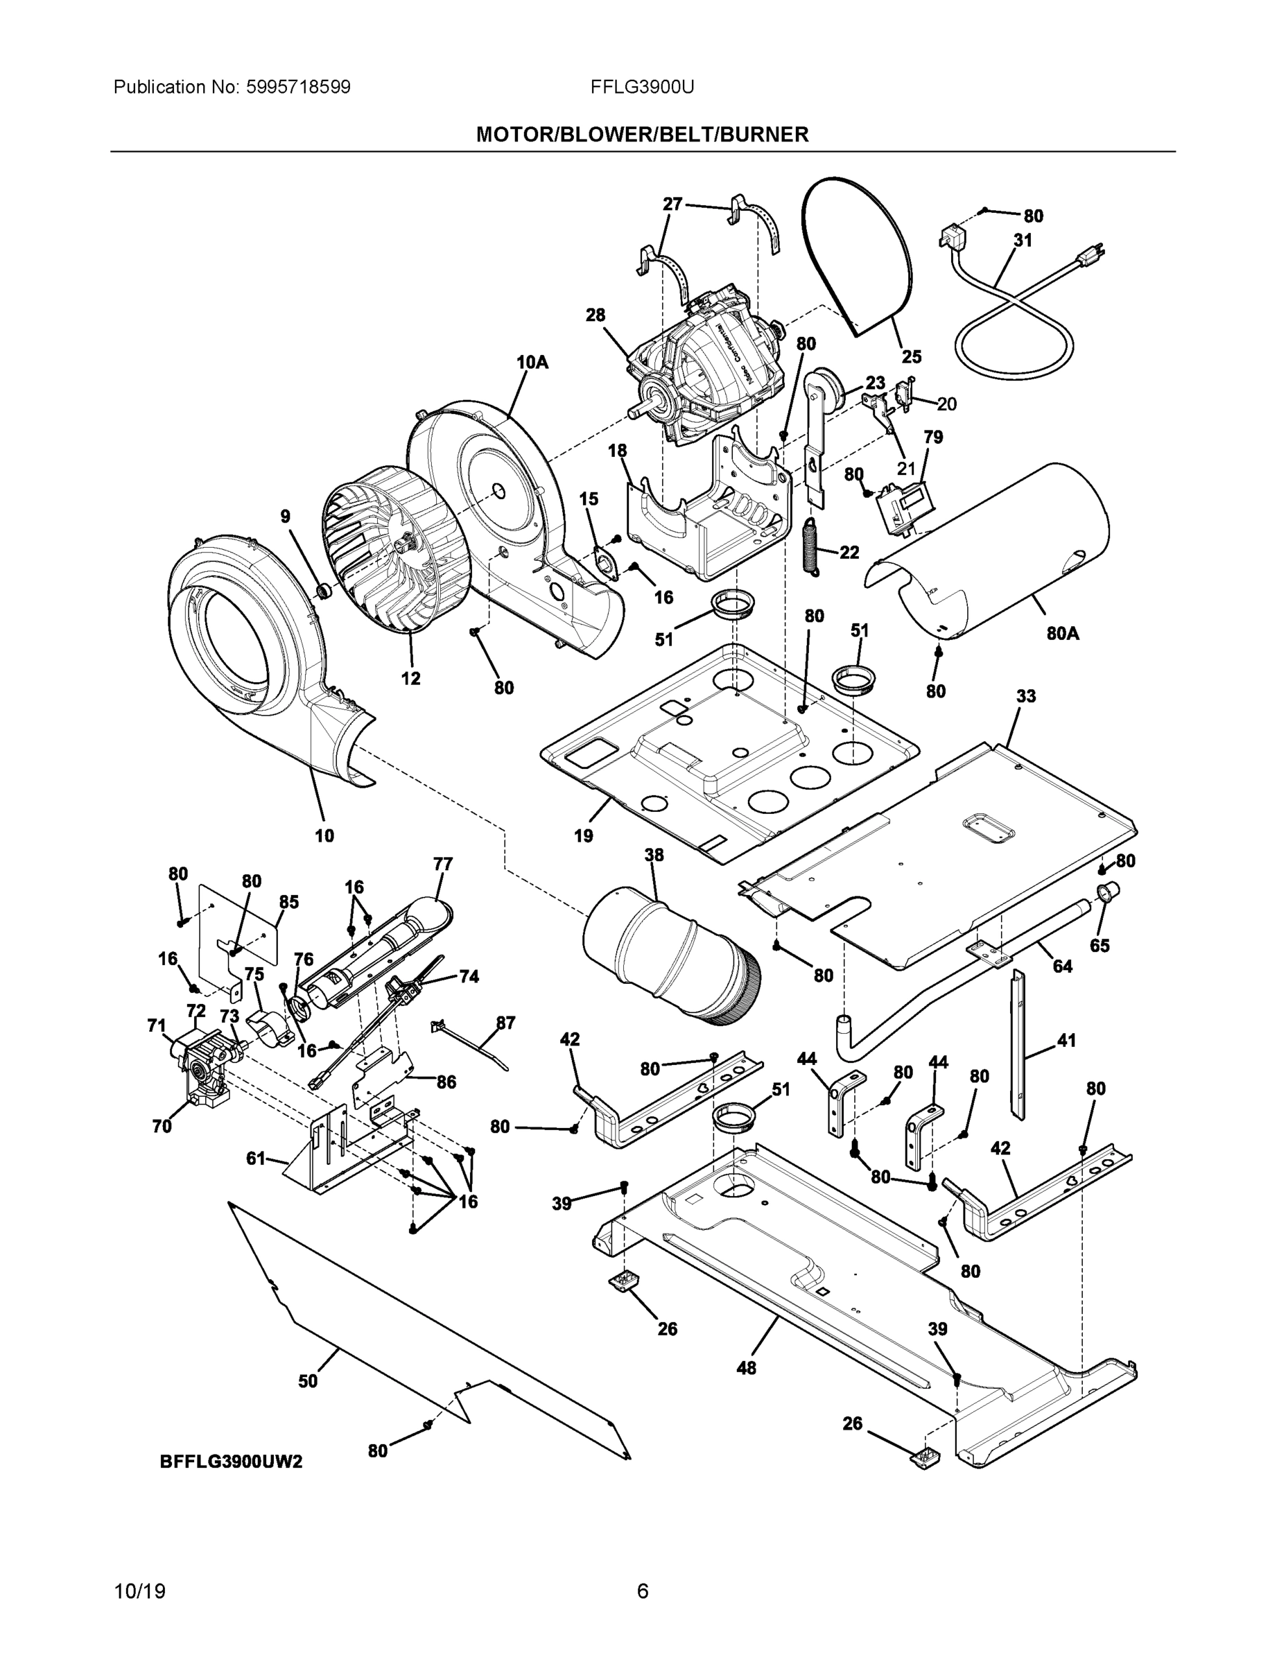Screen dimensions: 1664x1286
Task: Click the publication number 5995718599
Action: click(297, 87)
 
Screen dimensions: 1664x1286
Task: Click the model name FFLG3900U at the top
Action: click(641, 87)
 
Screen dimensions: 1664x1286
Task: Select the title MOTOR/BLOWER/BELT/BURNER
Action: click(641, 135)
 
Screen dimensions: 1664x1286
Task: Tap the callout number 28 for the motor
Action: click(595, 315)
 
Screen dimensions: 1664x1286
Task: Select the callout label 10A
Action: click(532, 362)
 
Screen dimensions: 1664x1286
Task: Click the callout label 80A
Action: click(1062, 632)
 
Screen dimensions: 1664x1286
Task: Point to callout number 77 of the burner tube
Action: click(442, 864)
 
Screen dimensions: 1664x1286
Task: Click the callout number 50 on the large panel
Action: click(308, 1380)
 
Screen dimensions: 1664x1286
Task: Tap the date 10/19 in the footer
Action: click(139, 1592)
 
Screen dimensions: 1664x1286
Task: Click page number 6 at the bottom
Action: click(642, 1592)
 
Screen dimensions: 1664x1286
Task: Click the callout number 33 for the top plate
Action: click(1025, 696)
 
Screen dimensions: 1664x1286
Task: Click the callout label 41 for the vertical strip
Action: click(1067, 1040)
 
